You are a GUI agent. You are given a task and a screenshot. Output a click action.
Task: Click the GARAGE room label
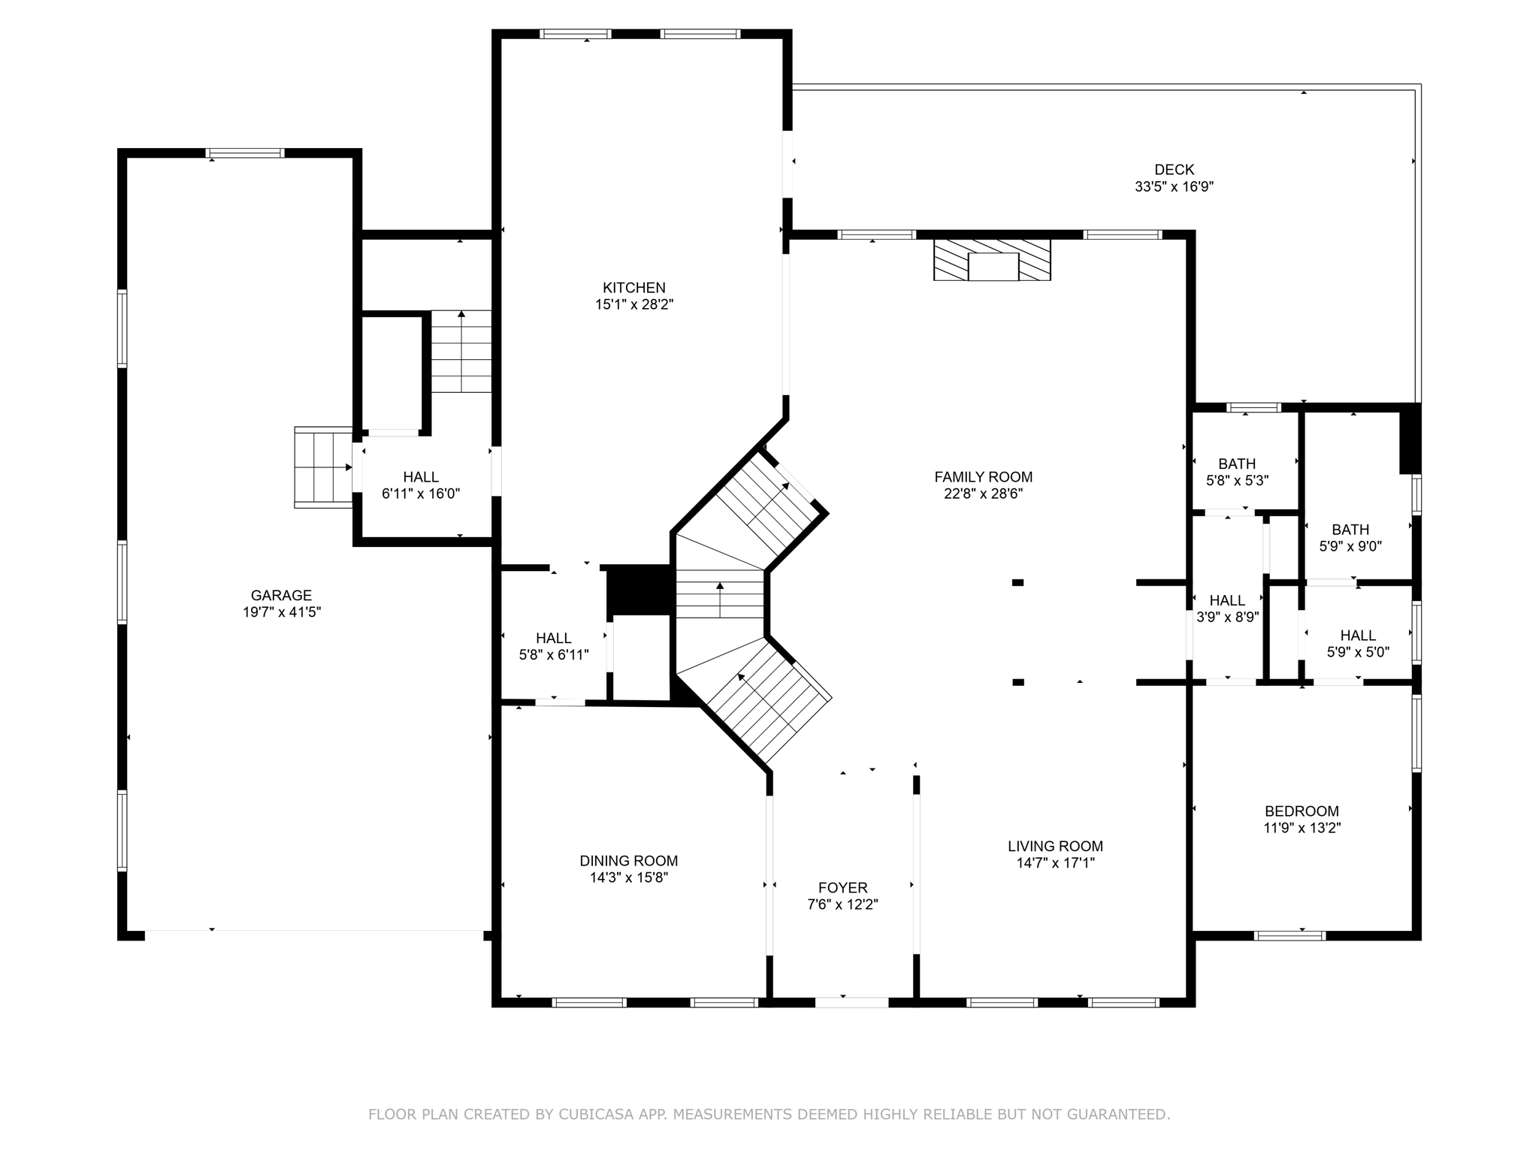point(281,595)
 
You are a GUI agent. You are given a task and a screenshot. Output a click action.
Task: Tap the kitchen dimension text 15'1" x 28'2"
point(633,304)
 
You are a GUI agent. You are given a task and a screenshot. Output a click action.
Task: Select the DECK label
point(1174,170)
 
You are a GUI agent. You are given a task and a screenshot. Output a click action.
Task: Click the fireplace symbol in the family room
point(992,260)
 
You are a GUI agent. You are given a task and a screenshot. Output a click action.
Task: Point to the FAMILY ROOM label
point(983,476)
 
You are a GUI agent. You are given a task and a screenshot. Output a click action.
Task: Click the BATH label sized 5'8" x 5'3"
point(1237,464)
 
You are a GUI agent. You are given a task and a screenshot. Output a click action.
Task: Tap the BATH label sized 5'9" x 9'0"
point(1350,530)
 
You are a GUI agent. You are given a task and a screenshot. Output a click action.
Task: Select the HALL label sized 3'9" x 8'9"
point(1227,600)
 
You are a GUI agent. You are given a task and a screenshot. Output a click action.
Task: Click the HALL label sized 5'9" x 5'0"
point(1358,636)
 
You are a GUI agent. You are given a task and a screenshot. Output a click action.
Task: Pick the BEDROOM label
point(1302,811)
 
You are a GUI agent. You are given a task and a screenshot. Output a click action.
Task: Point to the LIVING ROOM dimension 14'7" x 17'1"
point(1055,863)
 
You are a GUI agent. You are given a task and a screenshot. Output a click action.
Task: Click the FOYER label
point(842,887)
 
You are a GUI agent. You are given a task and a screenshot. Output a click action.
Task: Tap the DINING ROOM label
point(628,861)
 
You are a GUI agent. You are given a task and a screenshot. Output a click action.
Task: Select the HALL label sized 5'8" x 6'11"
point(554,638)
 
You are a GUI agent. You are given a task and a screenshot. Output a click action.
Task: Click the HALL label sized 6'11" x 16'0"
point(421,476)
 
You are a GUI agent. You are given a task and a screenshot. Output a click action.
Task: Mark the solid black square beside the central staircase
point(638,590)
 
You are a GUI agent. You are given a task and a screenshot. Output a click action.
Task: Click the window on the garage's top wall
point(245,153)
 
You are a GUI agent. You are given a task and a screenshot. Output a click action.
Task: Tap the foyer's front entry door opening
point(851,1001)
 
